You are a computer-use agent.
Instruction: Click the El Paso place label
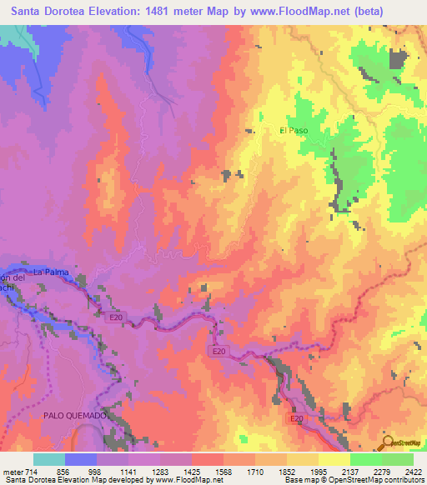pos(294,131)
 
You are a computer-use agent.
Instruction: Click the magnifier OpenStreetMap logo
pos(389,442)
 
